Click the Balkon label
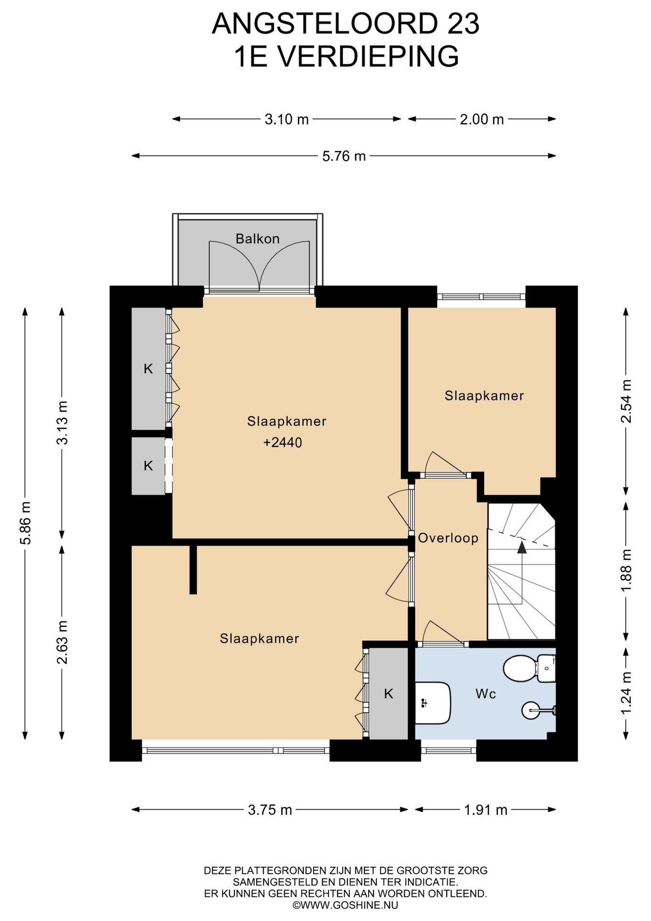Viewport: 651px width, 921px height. (x=257, y=238)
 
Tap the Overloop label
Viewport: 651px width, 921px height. (x=448, y=538)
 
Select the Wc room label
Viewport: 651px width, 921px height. (x=486, y=694)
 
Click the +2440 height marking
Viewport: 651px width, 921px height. (x=283, y=442)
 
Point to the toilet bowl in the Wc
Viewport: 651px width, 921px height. (x=520, y=668)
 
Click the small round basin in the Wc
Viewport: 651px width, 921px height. (x=533, y=710)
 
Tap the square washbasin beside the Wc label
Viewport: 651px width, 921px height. (x=432, y=703)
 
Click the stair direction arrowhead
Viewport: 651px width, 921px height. (x=522, y=547)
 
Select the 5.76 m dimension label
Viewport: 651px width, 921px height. (x=344, y=156)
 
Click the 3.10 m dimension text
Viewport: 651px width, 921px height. (x=287, y=119)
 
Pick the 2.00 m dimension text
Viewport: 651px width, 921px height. (x=482, y=119)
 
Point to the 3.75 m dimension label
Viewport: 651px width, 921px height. (x=270, y=810)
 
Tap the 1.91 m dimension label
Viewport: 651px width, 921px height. (x=486, y=810)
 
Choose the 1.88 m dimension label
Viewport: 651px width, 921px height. (x=626, y=571)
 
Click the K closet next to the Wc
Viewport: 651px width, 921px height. (x=388, y=694)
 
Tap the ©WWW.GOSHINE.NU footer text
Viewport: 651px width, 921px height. (x=345, y=905)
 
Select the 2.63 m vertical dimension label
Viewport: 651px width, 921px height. (x=62, y=642)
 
